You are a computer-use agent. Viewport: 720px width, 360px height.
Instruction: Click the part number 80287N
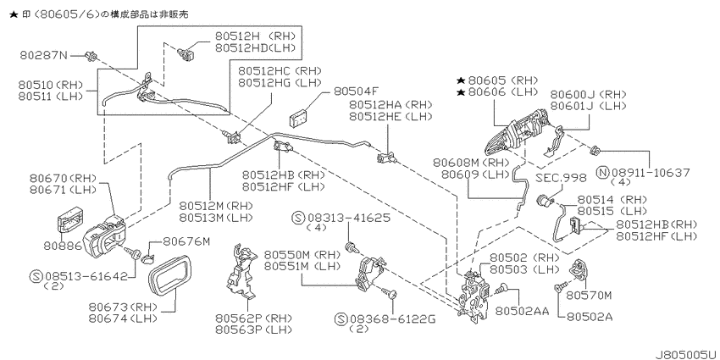click(43, 56)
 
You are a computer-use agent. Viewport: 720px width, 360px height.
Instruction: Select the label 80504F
click(356, 91)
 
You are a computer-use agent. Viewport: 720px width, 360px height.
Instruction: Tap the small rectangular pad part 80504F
click(298, 119)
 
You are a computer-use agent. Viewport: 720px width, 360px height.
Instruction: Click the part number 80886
click(63, 246)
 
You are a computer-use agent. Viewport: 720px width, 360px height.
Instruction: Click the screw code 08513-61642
click(86, 276)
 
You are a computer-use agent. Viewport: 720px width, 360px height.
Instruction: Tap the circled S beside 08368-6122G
click(341, 319)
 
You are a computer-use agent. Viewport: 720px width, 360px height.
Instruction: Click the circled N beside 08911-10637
click(603, 173)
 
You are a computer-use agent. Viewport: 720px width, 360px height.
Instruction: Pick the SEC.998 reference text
click(561, 178)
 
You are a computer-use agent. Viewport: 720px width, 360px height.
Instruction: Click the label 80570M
click(590, 296)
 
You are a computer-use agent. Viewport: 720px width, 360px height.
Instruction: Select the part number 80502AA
click(522, 312)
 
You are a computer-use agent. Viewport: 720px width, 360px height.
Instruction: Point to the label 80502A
click(590, 317)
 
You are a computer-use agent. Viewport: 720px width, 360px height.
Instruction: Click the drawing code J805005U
click(686, 355)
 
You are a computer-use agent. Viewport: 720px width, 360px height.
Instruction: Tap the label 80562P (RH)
click(253, 318)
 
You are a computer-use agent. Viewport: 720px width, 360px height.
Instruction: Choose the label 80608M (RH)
click(471, 163)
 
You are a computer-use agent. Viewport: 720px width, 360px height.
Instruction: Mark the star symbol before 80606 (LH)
click(461, 92)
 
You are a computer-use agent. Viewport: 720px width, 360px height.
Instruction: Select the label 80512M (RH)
click(216, 205)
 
